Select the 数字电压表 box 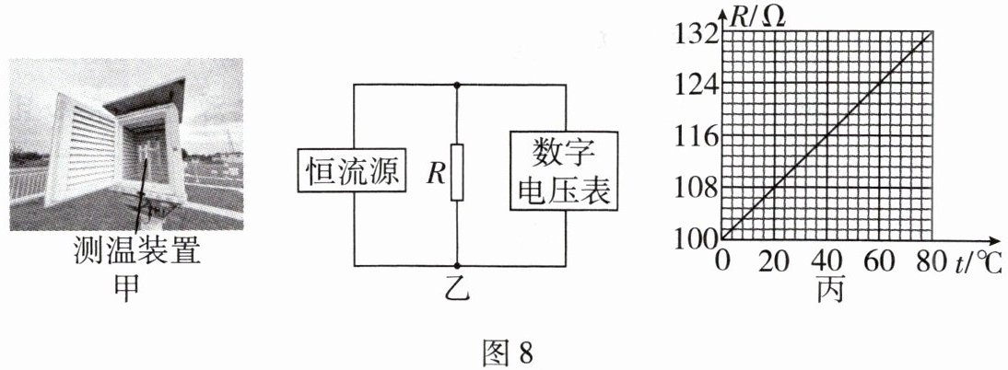560,172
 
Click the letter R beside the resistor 435,173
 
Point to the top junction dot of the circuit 457,85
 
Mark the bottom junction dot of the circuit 457,265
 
